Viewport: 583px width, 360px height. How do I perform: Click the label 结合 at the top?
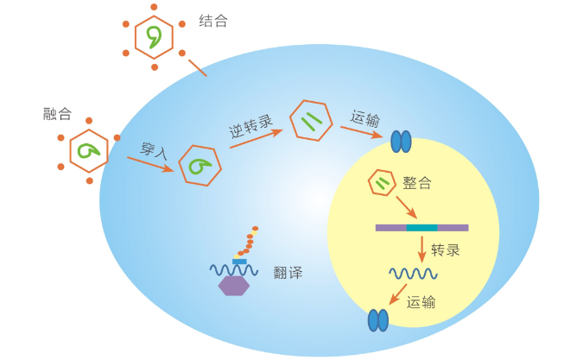tap(213, 21)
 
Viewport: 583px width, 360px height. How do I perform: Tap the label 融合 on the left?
tap(57, 114)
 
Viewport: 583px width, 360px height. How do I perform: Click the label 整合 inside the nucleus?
tap(417, 183)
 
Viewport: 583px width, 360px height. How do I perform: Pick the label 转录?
tap(445, 250)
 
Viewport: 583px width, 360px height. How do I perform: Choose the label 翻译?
tap(288, 273)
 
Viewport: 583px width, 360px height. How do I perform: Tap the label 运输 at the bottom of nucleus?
tap(421, 302)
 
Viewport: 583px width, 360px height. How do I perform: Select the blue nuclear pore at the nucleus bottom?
tap(378, 320)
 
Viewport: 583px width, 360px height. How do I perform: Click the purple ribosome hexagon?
tap(234, 286)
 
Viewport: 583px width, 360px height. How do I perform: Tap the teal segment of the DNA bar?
tap(421, 228)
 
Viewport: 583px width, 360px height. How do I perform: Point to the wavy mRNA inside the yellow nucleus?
tap(412, 274)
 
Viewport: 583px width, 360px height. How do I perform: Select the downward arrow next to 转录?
tap(422, 249)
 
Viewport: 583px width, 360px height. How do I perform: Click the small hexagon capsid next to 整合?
tap(382, 182)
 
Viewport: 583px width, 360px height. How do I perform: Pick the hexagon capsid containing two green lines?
tap(311, 121)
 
